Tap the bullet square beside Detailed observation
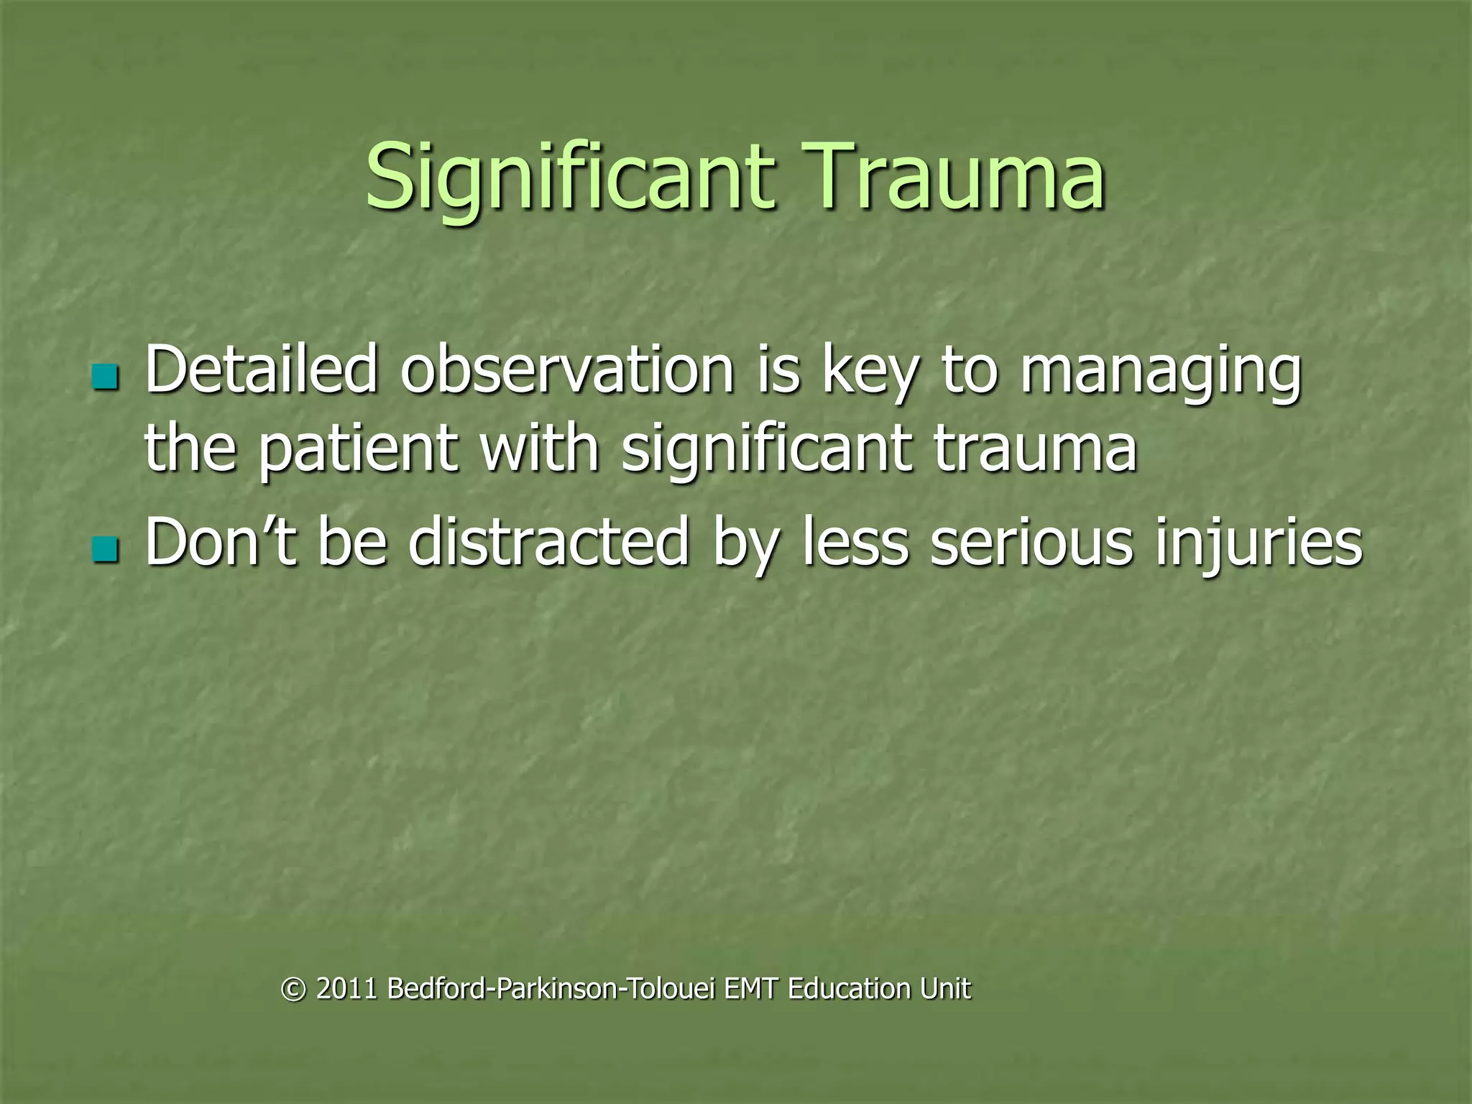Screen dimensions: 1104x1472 click(x=106, y=377)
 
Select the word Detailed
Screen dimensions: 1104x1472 click(x=261, y=370)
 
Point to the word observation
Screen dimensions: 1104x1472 click(x=566, y=370)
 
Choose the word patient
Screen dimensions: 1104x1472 click(x=357, y=449)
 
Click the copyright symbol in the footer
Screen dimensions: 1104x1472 click(x=293, y=989)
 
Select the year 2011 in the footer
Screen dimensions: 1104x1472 click(x=346, y=989)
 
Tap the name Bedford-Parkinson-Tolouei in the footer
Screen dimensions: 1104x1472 click(x=551, y=989)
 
